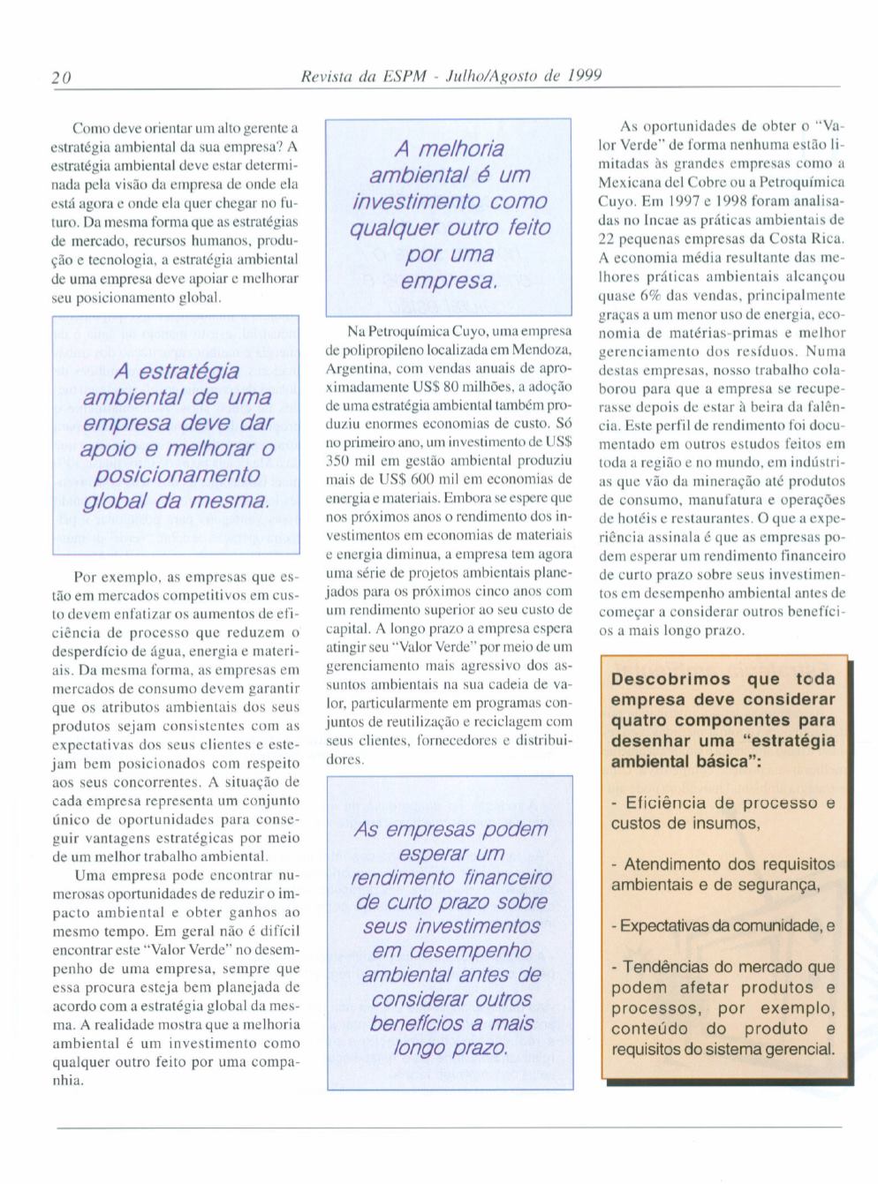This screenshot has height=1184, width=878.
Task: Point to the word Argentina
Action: (x=353, y=368)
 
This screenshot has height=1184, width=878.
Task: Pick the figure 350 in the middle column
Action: (x=340, y=461)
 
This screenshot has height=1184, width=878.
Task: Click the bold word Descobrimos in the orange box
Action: (x=671, y=679)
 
